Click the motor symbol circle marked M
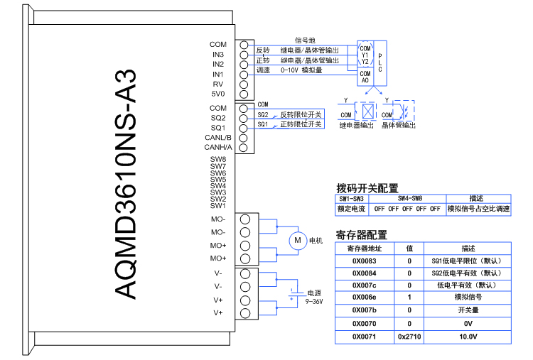coord(297,241)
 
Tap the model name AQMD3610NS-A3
coord(125,185)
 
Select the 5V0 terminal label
coord(217,94)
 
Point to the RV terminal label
coord(218,84)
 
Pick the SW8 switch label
coord(217,159)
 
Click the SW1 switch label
coord(217,206)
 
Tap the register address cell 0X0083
coord(365,261)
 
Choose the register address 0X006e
coord(365,298)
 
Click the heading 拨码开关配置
coord(367,188)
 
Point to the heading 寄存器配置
coord(361,235)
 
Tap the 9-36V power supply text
coord(314,302)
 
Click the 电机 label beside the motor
coord(316,241)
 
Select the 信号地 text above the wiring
coord(305,40)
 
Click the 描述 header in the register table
coord(468,249)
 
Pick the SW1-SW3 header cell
coord(351,199)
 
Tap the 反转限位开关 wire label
coord(301,114)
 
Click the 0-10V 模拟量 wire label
coord(301,70)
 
